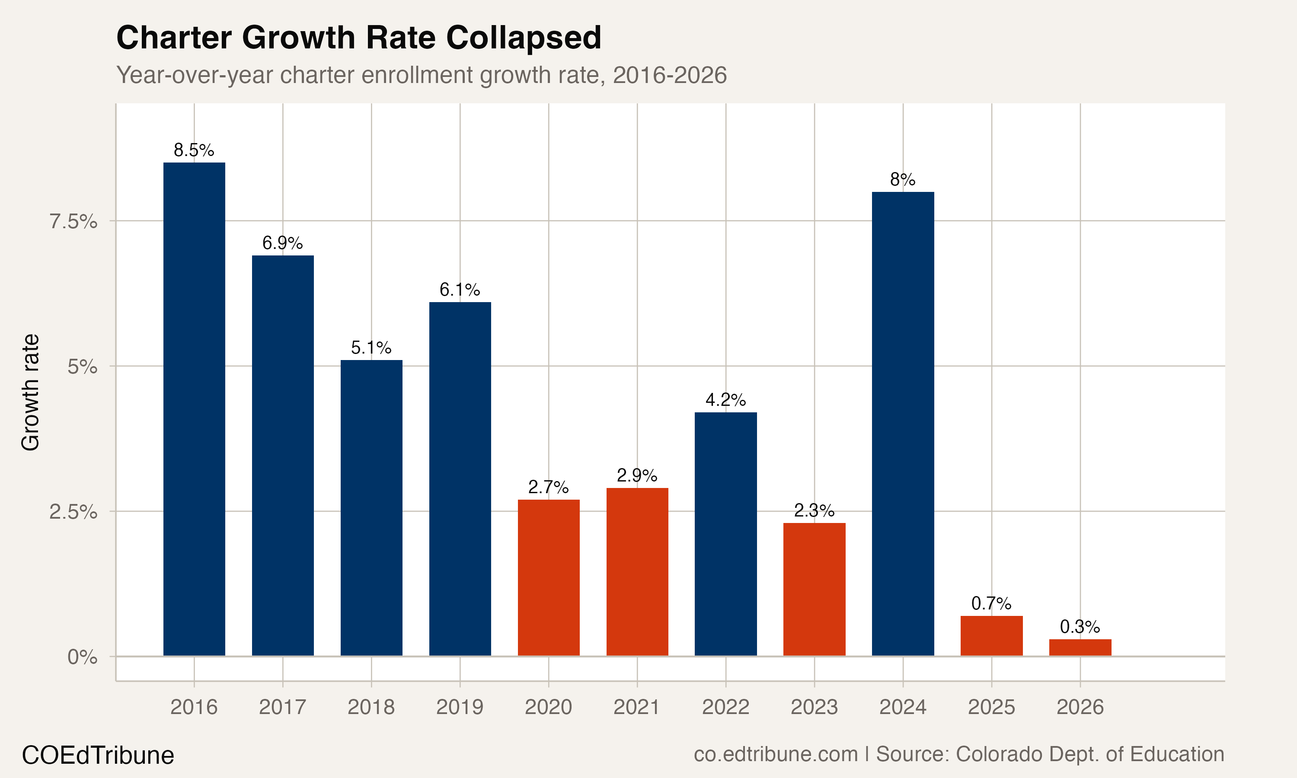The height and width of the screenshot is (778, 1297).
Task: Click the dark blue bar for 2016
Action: click(x=194, y=409)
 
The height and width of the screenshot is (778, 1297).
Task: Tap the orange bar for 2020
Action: click(x=548, y=577)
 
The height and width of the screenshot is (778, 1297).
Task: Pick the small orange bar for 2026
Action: click(x=1080, y=647)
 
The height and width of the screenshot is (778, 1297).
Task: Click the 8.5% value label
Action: click(x=194, y=150)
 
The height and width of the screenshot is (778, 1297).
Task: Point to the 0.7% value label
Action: click(x=991, y=603)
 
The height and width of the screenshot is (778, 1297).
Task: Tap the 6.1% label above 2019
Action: click(x=460, y=290)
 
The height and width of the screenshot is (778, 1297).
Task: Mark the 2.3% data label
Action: click(x=814, y=510)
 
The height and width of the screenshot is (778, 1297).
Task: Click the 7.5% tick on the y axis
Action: click(x=73, y=222)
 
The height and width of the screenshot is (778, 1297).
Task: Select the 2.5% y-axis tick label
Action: click(x=73, y=512)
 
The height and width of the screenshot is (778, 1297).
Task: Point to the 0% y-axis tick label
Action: click(x=82, y=657)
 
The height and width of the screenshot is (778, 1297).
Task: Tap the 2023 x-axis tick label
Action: click(x=814, y=707)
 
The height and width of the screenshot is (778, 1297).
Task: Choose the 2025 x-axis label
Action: click(x=991, y=707)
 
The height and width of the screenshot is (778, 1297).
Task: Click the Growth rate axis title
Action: click(x=30, y=392)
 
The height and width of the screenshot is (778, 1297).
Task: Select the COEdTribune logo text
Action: click(x=98, y=756)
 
